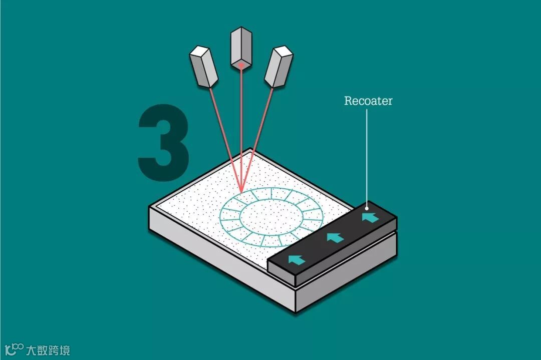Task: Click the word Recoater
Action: [368, 101]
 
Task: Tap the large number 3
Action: [164, 142]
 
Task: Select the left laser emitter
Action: [204, 66]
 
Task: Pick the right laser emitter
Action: [279, 67]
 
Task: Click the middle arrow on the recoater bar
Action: [335, 237]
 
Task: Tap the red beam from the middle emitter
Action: [242, 130]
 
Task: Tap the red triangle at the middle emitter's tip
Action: [241, 65]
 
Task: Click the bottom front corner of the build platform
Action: [296, 311]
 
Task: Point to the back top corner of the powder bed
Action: [251, 149]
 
